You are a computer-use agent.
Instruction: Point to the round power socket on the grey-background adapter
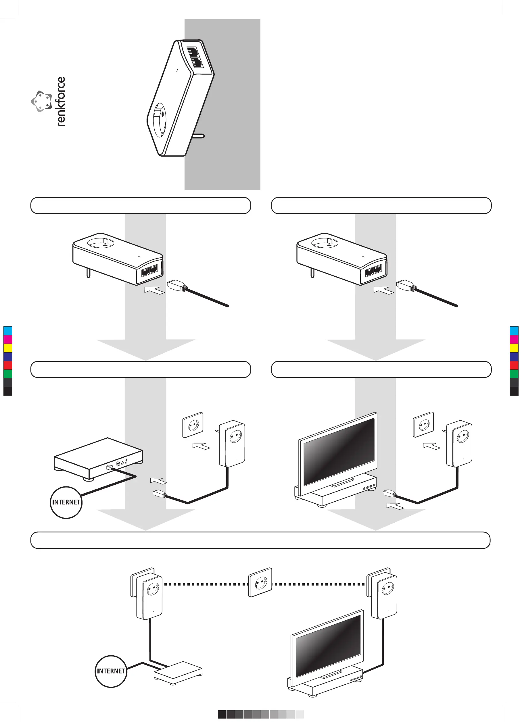coord(160,120)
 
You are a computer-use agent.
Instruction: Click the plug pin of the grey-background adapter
coord(199,136)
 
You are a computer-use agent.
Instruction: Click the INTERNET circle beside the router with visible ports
coord(66,502)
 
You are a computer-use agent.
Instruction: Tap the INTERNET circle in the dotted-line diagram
coord(111,671)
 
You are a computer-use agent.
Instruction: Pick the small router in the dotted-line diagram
coord(178,672)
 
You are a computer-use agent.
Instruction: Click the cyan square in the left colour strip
coord(8,330)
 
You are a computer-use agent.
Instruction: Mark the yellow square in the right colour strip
coord(514,348)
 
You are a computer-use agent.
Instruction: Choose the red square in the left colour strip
coord(8,365)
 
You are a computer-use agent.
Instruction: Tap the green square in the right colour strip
coord(514,374)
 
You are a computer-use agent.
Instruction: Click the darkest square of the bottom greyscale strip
coord(222,714)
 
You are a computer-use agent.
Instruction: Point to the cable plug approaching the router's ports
coord(160,494)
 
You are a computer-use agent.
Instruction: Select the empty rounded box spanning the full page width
coord(260,540)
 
